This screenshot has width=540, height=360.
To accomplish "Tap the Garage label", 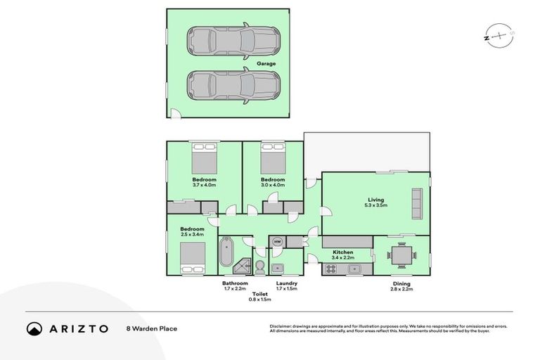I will (x=265, y=63).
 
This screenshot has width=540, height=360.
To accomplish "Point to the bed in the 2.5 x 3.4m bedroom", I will (x=191, y=255).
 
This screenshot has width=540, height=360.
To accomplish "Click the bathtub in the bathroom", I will (x=227, y=255).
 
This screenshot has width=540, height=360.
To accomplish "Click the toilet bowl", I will (x=259, y=266).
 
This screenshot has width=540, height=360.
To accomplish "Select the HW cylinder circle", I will (x=278, y=243).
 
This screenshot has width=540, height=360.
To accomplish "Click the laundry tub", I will (x=277, y=267).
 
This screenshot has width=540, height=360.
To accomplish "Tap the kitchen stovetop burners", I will (x=331, y=268).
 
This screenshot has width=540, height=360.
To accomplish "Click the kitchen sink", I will (x=355, y=268).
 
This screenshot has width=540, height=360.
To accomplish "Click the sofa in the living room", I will (x=417, y=203).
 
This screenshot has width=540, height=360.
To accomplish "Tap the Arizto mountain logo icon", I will (x=34, y=328).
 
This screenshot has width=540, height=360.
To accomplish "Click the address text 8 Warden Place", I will (x=152, y=328).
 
